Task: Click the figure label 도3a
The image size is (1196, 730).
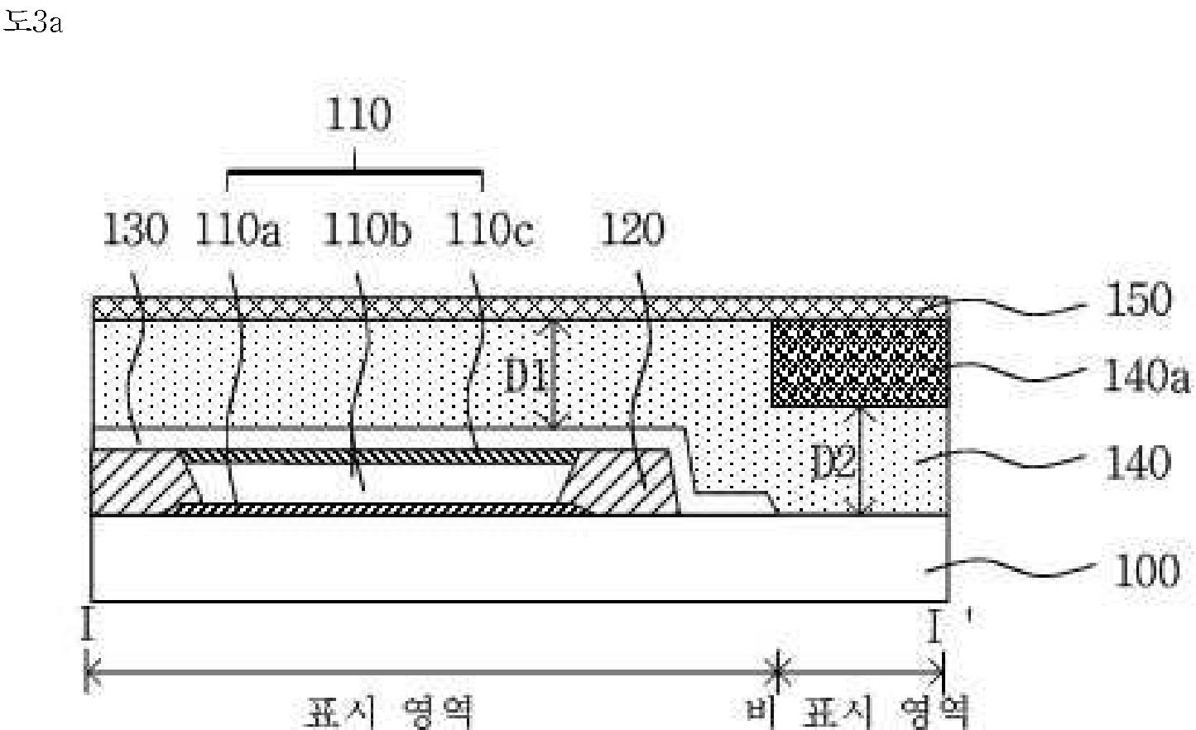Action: [33, 22]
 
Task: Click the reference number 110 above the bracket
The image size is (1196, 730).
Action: [358, 114]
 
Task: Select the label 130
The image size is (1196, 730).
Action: [135, 229]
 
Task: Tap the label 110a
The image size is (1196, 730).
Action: [238, 229]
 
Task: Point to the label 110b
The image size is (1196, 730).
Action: [367, 229]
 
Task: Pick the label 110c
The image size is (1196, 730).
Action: [490, 229]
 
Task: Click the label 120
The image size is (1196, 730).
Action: [632, 229]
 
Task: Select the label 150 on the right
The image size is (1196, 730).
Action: [1138, 300]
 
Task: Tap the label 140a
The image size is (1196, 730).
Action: [1146, 376]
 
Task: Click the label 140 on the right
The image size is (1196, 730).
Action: [1138, 463]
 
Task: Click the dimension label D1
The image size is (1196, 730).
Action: [526, 376]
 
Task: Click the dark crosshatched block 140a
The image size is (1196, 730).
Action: [860, 363]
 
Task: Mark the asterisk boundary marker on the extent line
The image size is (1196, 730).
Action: [778, 672]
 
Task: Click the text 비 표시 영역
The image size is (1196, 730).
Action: [857, 713]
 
